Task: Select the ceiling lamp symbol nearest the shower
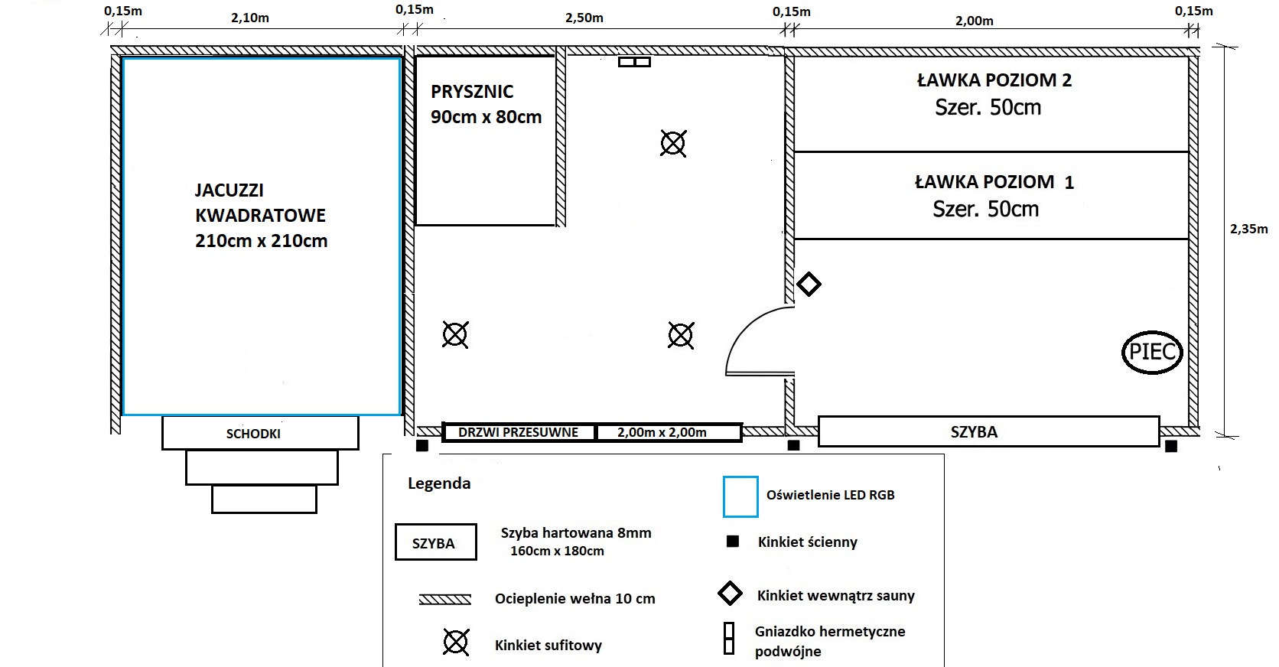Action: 673,143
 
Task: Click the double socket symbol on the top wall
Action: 634,62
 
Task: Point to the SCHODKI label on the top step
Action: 253,434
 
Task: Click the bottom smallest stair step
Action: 264,499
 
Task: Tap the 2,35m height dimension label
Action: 1248,229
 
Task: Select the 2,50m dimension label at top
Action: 584,18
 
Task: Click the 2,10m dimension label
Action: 250,18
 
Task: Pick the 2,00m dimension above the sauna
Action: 974,21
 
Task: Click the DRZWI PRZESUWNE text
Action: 518,432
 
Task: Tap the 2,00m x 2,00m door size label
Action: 662,432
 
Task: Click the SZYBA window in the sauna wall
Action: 989,431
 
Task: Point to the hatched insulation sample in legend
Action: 445,599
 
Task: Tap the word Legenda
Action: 439,483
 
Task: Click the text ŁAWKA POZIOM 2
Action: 994,80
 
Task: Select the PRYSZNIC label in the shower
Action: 472,91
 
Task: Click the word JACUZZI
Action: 229,190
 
